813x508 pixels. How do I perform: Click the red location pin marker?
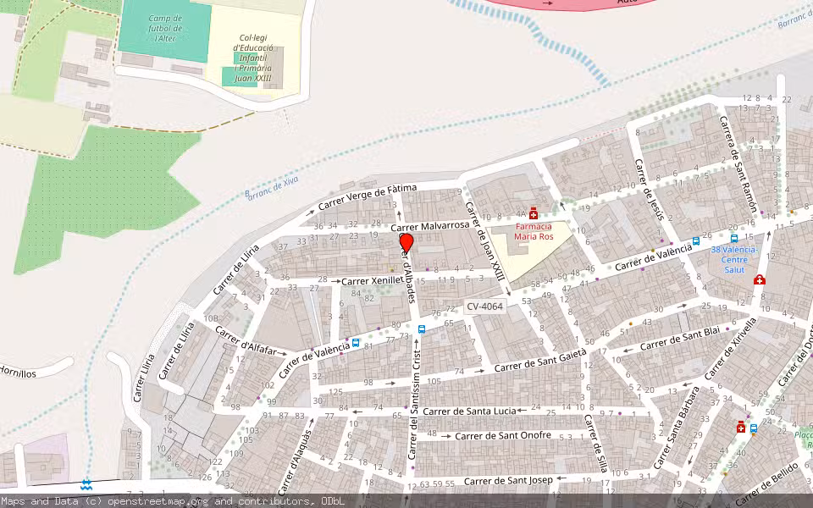click(x=406, y=244)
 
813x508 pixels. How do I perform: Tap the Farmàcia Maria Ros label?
click(x=534, y=232)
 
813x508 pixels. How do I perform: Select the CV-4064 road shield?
click(x=484, y=306)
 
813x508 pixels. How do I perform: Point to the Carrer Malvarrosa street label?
click(x=430, y=226)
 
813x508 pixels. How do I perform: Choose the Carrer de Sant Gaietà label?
click(x=540, y=365)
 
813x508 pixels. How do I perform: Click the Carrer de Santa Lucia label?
click(x=468, y=411)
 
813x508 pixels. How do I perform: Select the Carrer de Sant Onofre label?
click(x=502, y=436)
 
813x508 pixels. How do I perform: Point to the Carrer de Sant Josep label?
click(x=509, y=481)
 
